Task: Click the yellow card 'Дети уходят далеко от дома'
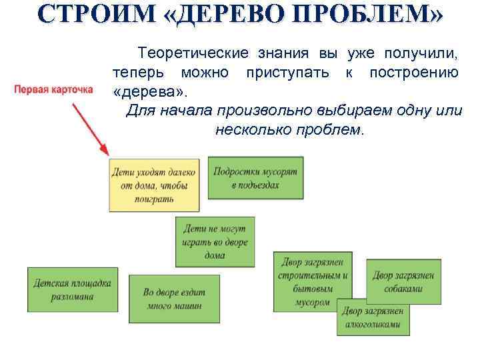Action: pyautogui.click(x=153, y=185)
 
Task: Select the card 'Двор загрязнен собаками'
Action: pyautogui.click(x=404, y=282)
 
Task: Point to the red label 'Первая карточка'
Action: pyautogui.click(x=53, y=88)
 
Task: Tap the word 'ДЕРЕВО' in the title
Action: pyautogui.click(x=227, y=16)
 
